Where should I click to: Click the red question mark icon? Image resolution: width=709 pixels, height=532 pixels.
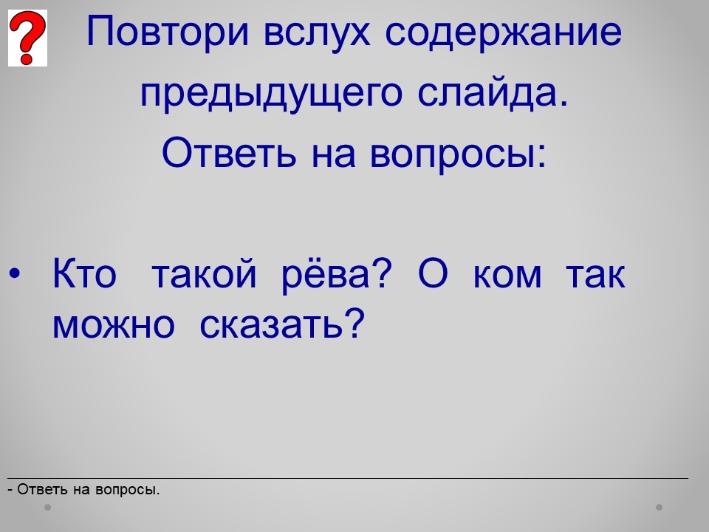(27, 38)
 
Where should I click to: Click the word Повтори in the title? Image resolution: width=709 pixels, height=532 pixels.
(168, 32)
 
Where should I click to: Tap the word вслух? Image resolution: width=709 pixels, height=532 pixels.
(317, 32)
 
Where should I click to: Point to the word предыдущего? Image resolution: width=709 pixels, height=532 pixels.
(271, 94)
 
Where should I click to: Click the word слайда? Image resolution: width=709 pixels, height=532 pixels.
(493, 93)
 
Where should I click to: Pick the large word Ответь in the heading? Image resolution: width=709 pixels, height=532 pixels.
(229, 152)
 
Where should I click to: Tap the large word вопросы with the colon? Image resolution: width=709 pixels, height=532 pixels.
(459, 154)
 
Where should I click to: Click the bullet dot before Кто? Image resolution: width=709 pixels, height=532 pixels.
(15, 273)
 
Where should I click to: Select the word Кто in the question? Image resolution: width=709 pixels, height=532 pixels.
(84, 273)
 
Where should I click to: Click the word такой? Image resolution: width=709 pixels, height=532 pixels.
(204, 274)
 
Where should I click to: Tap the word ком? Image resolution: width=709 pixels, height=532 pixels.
(507, 276)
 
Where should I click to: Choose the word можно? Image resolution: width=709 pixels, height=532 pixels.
(114, 325)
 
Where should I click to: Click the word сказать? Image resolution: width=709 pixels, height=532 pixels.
(282, 324)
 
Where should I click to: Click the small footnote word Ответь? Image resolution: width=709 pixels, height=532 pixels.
(43, 489)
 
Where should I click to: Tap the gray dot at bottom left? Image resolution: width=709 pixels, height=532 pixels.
(47, 507)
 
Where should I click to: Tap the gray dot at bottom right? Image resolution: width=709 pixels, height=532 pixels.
(660, 507)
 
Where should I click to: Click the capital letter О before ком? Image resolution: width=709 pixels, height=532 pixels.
(434, 273)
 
